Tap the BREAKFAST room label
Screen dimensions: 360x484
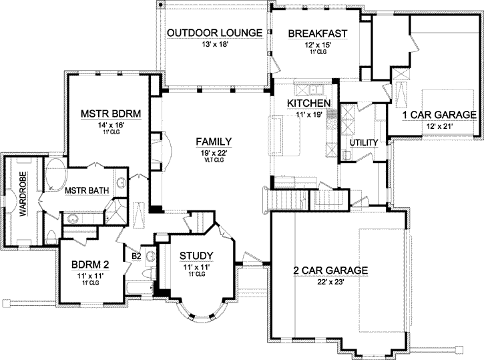[x=315, y=33]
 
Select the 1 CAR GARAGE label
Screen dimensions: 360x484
[x=439, y=115]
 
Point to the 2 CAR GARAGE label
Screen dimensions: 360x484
[x=331, y=271]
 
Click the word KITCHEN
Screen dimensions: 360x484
[x=308, y=104]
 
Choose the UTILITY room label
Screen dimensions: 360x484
[x=364, y=143]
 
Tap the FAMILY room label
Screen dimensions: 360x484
[x=214, y=142]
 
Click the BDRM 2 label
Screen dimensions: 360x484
[x=90, y=264]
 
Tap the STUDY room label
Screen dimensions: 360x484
[x=196, y=256]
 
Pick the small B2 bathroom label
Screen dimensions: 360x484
[x=136, y=255]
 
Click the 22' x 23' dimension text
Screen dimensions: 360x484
[x=331, y=282]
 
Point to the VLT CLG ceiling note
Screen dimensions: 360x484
[x=214, y=160]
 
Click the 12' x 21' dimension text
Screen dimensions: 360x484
[x=439, y=126]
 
